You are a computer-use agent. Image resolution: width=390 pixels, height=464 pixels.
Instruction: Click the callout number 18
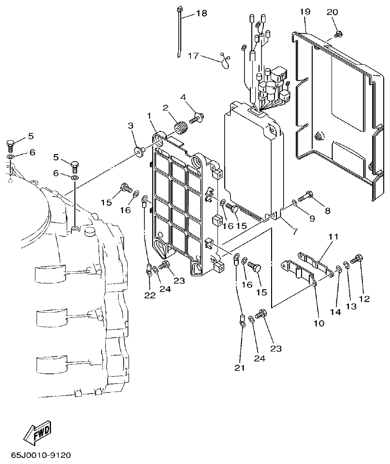coord(201,14)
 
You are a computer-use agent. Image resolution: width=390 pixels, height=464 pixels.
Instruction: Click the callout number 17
coord(193,56)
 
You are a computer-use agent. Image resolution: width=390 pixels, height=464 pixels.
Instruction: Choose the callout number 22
coord(150,295)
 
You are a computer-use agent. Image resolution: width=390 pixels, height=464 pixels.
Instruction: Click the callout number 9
coord(312,218)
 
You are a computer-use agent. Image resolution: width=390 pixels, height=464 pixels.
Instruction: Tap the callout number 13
coord(349,306)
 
